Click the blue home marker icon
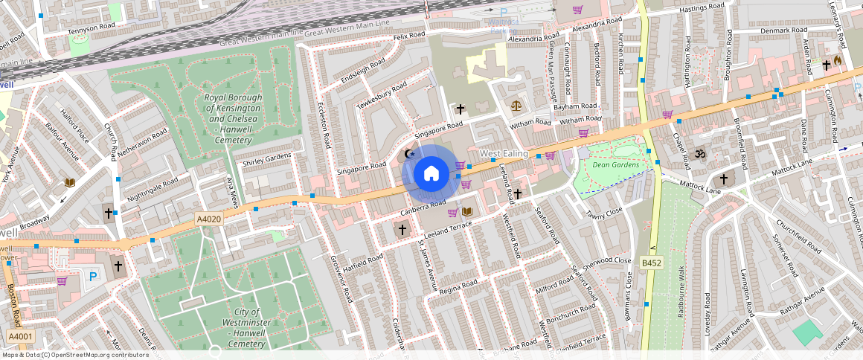431,174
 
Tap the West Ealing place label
504,154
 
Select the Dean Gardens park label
616,164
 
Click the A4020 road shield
209,219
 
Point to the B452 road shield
652,263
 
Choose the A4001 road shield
20,337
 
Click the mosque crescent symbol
407,155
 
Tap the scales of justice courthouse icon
516,106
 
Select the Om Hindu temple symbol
699,154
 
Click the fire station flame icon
838,61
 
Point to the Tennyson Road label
92,27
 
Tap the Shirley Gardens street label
267,159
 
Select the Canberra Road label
423,208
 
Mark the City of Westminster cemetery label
246,328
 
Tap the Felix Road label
409,36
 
